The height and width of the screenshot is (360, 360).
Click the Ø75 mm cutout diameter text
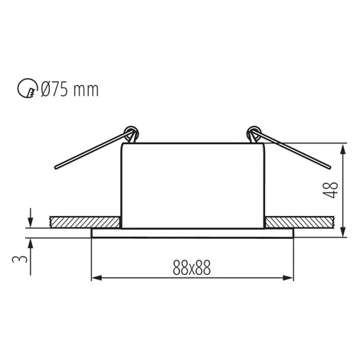70,90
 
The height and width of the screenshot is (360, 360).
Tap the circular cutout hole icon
27,88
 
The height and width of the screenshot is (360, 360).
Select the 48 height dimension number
330,190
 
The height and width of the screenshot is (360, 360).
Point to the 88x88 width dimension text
191,268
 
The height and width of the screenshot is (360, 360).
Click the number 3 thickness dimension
19,259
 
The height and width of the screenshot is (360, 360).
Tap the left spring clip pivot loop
132,133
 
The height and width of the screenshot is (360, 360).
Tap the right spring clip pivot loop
254,133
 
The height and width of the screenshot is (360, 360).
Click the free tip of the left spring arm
56,168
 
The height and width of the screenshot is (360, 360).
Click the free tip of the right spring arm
329,168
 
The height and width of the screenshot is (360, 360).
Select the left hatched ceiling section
85,222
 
